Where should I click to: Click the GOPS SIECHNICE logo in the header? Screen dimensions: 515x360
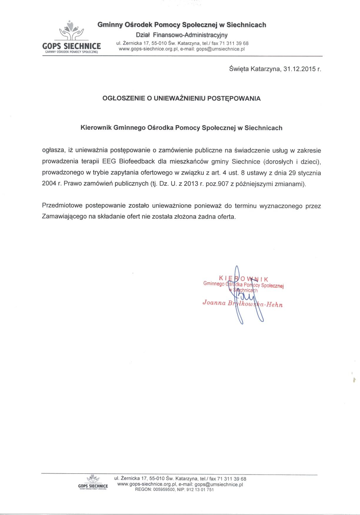[71, 37]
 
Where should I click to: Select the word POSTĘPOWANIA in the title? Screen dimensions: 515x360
[234, 98]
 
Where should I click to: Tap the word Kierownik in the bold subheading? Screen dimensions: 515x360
[96, 128]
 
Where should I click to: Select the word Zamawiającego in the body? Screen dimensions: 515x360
[63, 217]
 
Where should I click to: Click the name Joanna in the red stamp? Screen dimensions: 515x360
[214, 303]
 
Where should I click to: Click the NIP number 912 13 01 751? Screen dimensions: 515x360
[200, 490]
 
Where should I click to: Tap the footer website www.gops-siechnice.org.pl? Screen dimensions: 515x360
[147, 484]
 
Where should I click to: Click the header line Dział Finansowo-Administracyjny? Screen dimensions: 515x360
[182, 35]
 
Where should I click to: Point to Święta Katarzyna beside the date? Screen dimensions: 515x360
[255, 69]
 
